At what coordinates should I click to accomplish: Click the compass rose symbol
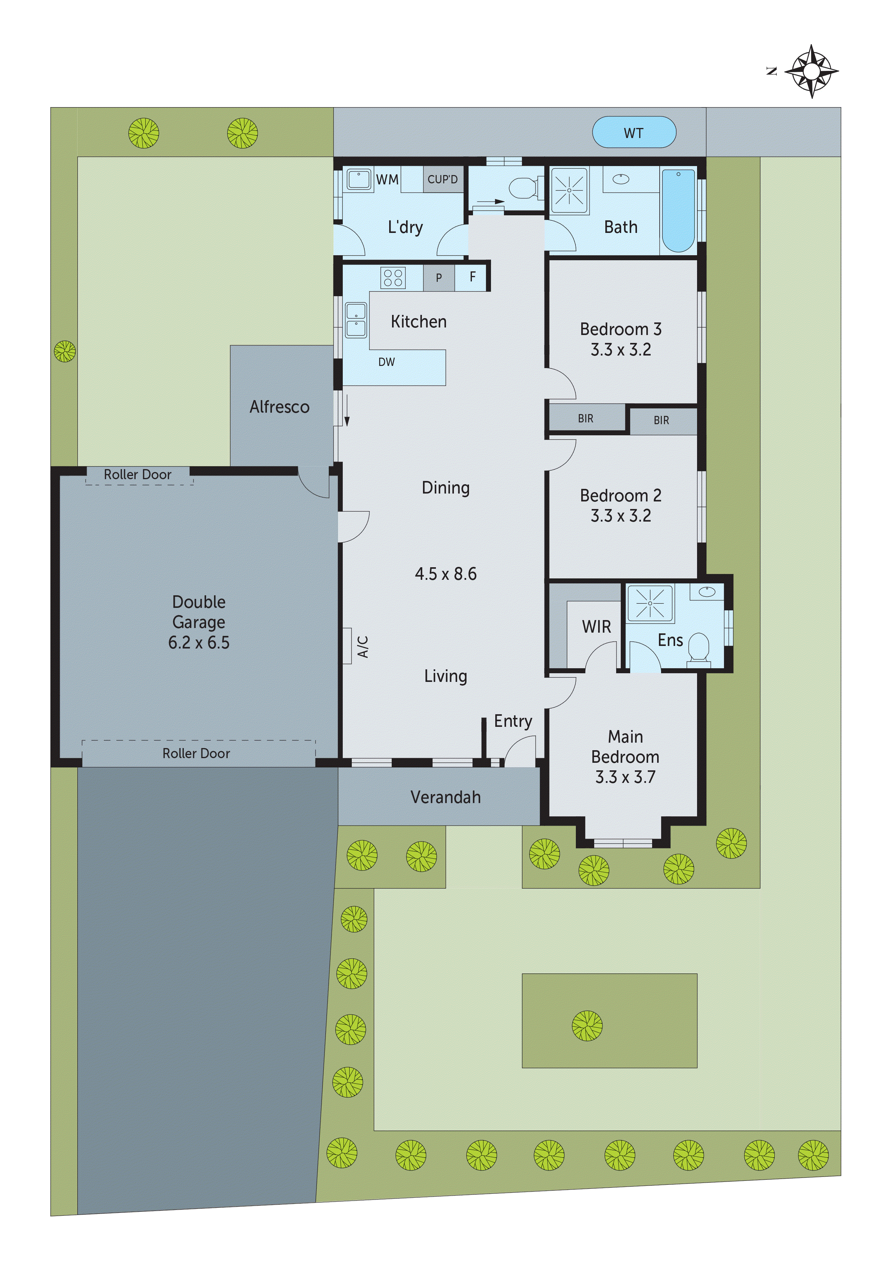coord(811,72)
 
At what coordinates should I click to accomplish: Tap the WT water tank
coord(634,132)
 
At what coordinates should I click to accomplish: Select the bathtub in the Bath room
coord(678,210)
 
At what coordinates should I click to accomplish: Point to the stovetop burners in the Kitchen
coord(393,278)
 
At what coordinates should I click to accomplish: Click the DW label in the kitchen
coord(386,362)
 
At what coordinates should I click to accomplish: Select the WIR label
coord(596,627)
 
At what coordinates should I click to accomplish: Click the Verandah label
coord(445,797)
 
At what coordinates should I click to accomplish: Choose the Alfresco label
coord(279,407)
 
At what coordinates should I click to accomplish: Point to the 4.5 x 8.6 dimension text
coord(445,574)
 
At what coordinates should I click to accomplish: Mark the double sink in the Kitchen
coord(356,320)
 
